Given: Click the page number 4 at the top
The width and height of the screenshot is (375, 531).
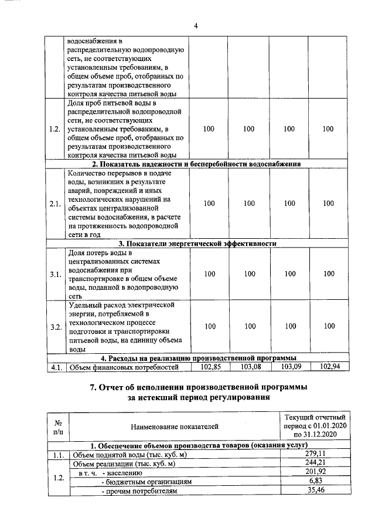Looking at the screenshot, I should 196,25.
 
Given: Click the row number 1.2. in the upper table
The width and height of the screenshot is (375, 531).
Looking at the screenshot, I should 56,129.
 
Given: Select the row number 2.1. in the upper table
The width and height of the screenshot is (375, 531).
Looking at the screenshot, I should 56,204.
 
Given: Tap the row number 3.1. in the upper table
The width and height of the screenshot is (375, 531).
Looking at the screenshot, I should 56,274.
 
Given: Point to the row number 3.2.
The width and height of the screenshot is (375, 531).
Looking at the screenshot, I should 56,326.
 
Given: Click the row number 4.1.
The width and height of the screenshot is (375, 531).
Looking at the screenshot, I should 56,367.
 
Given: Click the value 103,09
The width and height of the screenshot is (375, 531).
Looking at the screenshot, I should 289,367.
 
